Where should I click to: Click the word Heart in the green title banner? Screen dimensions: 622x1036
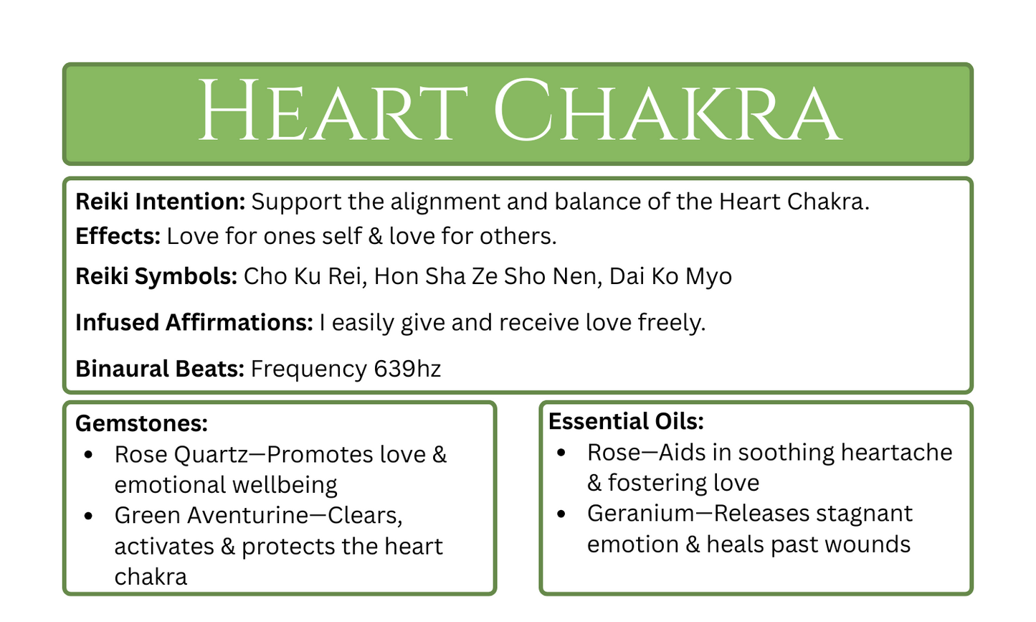pos(333,112)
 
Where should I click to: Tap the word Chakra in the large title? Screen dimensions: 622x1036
pos(667,112)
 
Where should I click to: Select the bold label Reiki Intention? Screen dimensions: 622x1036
pos(161,202)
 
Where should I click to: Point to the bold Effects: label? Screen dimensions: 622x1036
pos(118,236)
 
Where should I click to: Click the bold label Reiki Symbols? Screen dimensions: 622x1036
pos(156,276)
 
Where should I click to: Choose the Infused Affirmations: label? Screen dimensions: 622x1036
pos(194,323)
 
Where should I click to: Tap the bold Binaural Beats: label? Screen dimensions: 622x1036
pos(160,369)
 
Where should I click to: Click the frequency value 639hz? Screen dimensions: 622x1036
pos(407,369)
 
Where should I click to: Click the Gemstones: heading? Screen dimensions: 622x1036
pos(141,423)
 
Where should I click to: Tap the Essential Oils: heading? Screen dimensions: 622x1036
pos(626,421)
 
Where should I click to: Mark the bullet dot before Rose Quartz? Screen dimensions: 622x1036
pos(88,455)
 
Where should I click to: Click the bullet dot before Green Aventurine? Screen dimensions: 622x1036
pos(88,516)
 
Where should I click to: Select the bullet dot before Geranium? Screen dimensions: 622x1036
pos(561,514)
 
